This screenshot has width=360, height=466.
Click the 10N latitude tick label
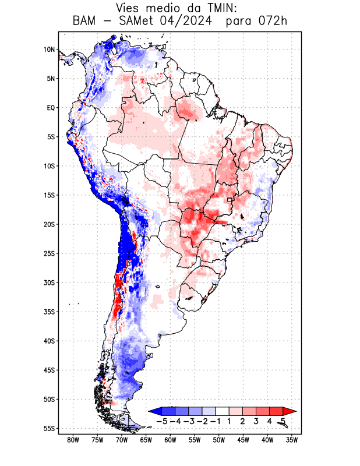49,50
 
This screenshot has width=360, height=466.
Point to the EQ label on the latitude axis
51,108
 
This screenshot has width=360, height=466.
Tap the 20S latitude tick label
49,224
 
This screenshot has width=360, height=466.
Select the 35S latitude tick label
49,312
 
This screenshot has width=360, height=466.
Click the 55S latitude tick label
49,428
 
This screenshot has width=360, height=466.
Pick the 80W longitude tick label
73,440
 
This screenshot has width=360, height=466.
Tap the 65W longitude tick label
146,440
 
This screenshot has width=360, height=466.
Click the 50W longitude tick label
219,440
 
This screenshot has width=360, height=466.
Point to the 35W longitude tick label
292,440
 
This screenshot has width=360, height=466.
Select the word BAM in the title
86,22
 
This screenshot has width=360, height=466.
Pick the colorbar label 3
256,421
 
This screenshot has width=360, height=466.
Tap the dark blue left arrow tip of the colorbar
153,411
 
